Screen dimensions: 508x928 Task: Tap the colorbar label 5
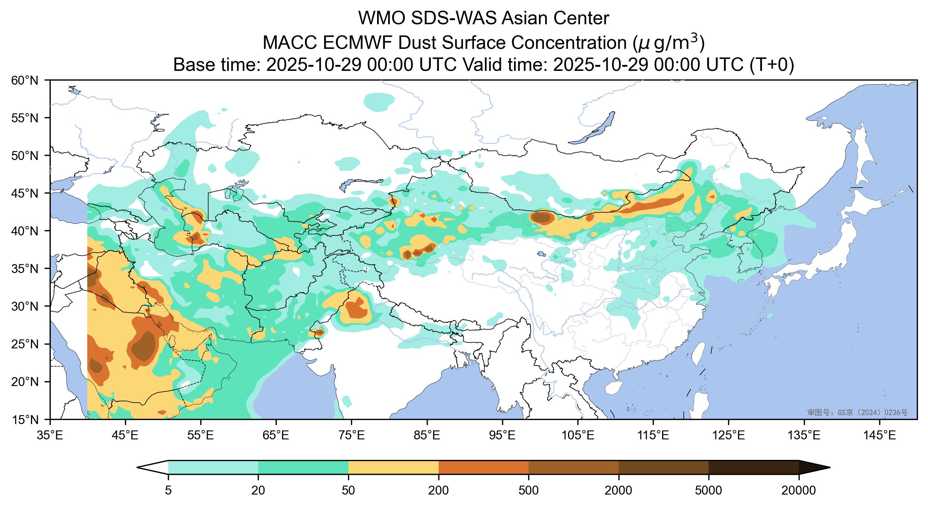click(168, 490)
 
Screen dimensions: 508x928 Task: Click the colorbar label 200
click(438, 490)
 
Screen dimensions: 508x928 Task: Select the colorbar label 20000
click(799, 490)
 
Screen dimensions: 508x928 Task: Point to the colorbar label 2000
click(618, 490)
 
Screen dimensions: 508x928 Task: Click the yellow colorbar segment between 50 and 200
click(393, 467)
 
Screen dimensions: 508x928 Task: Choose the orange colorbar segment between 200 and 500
click(483, 467)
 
